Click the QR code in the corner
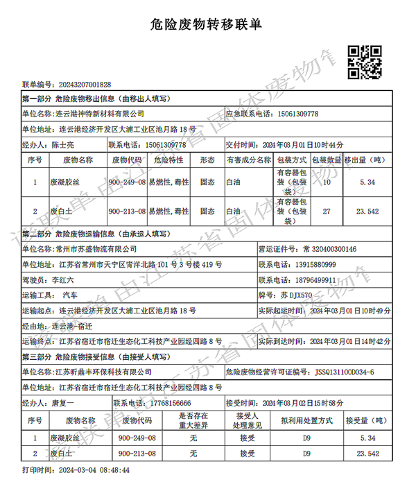(364, 60)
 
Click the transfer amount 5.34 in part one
(367, 182)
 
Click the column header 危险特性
(168, 160)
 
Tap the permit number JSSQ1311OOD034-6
(344, 372)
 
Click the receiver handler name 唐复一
(63, 403)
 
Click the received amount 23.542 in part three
(367, 454)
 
